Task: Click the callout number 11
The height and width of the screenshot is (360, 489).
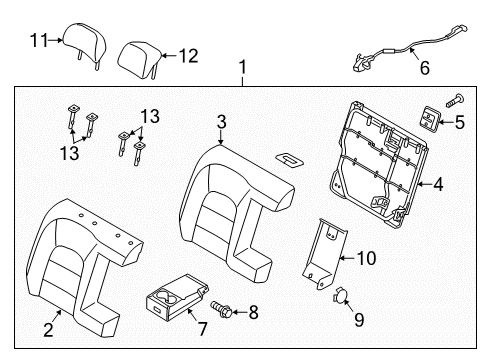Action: click(39, 40)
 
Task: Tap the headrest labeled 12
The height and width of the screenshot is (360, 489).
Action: click(140, 60)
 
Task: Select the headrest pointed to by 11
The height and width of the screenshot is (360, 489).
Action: click(85, 44)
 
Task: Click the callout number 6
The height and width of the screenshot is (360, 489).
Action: click(424, 68)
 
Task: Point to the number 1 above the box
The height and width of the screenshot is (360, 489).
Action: click(243, 67)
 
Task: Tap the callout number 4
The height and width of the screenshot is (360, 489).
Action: click(438, 184)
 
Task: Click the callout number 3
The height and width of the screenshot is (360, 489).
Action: click(222, 122)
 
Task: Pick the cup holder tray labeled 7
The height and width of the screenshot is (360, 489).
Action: click(177, 297)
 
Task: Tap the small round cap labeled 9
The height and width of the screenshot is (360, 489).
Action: click(341, 294)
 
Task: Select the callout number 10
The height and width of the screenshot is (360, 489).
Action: click(366, 258)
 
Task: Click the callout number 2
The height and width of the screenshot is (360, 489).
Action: click(49, 329)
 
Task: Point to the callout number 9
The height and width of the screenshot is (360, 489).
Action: click(359, 320)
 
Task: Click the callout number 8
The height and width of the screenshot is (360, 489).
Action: click(254, 313)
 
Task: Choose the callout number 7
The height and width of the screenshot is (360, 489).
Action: click(202, 329)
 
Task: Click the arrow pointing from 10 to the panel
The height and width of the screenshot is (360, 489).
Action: click(347, 258)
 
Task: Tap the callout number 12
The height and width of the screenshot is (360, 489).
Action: click(189, 56)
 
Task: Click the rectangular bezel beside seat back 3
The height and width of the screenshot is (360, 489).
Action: click(289, 159)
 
